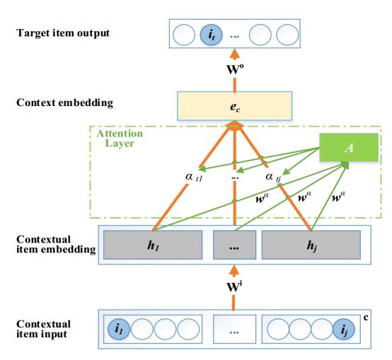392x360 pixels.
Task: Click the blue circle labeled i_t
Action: pos(212,35)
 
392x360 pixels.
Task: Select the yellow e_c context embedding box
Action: pos(234,106)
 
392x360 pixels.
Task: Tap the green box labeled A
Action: pos(349,147)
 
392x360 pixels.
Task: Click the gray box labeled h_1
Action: pos(153,245)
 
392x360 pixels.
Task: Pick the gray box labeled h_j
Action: pos(311,245)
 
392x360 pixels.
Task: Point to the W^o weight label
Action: pos(235,69)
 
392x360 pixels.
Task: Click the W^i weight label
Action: pos(234,287)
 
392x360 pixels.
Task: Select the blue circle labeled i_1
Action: pos(119,329)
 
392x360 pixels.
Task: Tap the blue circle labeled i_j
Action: pos(344,329)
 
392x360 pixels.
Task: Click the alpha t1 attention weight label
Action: pos(194,177)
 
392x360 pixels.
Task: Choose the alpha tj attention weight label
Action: pos(273,178)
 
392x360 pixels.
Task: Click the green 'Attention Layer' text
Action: pos(120,139)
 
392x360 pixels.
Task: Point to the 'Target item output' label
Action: pos(63,33)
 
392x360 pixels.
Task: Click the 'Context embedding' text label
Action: pos(65,103)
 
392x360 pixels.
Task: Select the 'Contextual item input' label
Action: pos(43,329)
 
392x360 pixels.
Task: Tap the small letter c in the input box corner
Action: pos(366,318)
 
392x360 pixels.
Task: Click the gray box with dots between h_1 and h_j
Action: pos(234,245)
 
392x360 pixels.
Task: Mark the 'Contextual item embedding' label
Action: pos(56,244)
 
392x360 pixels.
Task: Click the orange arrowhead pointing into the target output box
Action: pos(234,54)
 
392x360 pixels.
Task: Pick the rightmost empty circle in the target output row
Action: pos(287,35)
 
